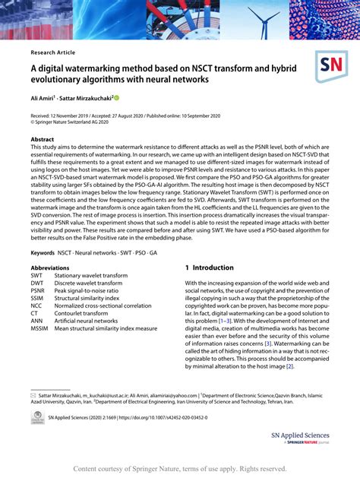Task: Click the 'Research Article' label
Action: click(x=54, y=52)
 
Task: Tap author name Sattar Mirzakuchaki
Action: click(x=88, y=98)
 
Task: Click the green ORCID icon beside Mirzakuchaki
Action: click(x=117, y=98)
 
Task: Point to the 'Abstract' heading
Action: click(x=42, y=140)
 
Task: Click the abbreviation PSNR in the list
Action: click(x=39, y=291)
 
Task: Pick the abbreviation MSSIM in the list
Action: click(x=41, y=329)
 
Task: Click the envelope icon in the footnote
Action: click(x=33, y=396)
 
